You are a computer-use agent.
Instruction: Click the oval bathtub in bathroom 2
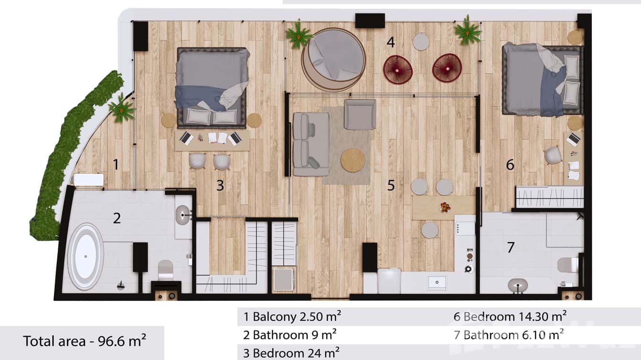85,256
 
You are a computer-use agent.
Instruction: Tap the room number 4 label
391,42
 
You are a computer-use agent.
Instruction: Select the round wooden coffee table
353,160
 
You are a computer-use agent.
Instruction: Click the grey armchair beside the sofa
360,115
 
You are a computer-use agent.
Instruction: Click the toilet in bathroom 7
568,265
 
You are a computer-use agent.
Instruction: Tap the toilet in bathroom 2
165,270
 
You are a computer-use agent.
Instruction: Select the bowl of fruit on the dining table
445,207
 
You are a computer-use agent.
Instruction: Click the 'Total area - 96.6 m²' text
85,341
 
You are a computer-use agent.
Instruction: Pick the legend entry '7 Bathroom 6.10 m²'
509,334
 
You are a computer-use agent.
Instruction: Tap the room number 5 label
391,185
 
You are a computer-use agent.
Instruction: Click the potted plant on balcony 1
122,109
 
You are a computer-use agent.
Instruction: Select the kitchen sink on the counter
437,282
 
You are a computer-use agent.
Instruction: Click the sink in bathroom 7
517,286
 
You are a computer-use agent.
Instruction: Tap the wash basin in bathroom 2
183,215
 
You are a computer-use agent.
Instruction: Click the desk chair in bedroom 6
553,155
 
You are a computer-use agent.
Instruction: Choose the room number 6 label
510,165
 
